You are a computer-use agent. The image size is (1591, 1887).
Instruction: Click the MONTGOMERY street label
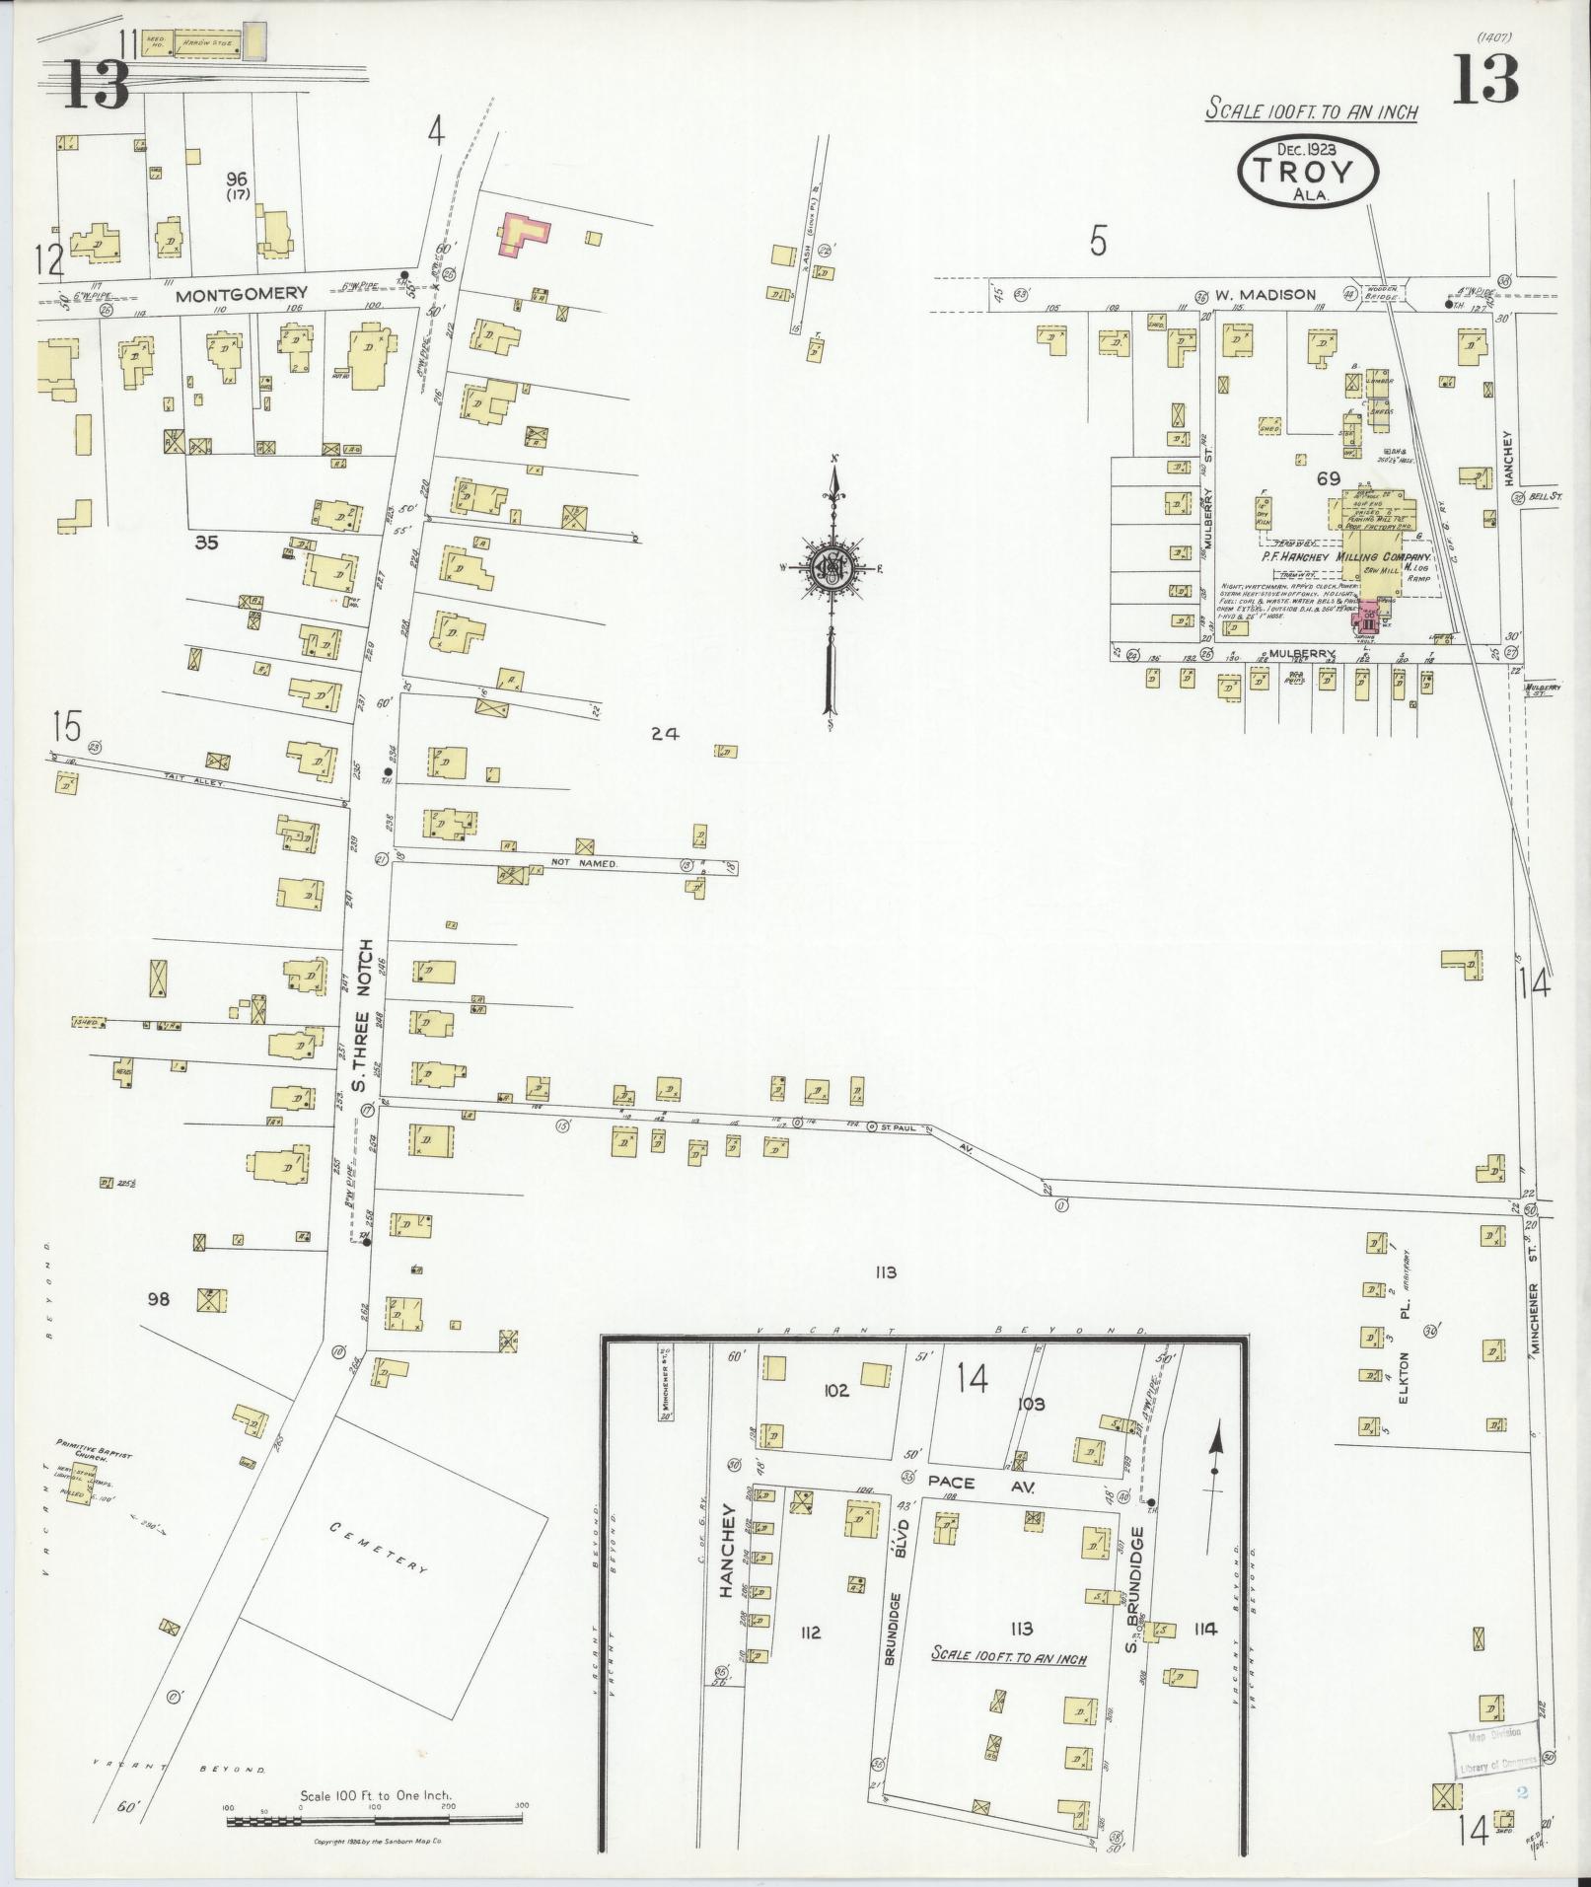pos(242,294)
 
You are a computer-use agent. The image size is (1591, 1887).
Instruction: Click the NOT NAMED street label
pos(584,864)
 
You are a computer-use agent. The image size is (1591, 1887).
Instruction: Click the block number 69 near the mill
pos(1328,480)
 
